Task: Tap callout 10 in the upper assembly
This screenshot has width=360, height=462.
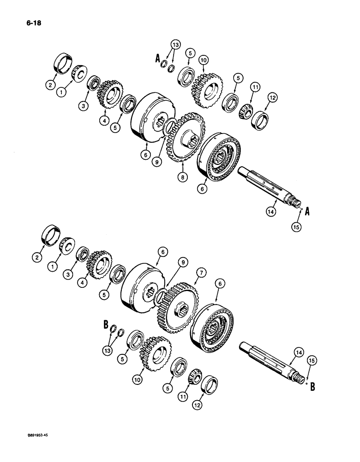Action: [203, 60]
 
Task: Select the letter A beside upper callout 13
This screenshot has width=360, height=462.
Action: [157, 59]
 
